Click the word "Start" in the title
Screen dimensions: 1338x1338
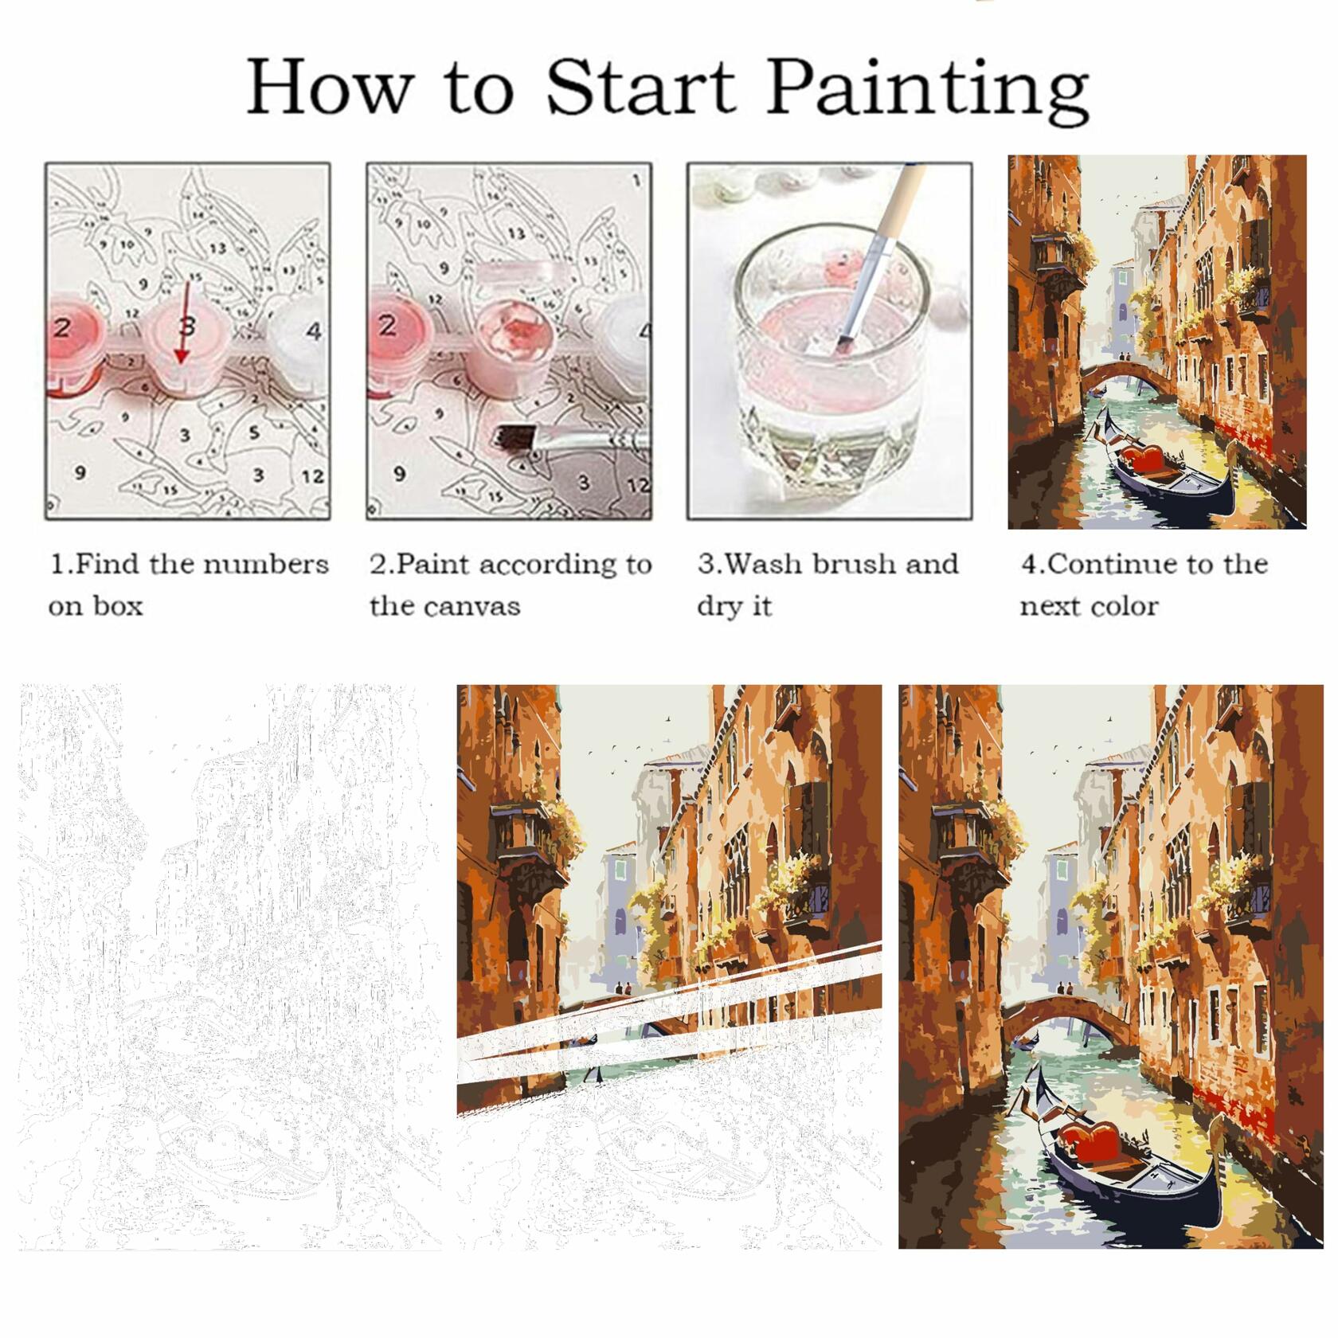point(640,88)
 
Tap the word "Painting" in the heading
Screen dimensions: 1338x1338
point(929,92)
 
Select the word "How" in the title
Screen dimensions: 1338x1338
point(331,88)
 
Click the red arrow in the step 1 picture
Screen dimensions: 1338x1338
point(186,322)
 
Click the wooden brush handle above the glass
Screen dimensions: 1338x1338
point(897,203)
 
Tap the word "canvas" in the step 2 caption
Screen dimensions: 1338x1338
point(471,607)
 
